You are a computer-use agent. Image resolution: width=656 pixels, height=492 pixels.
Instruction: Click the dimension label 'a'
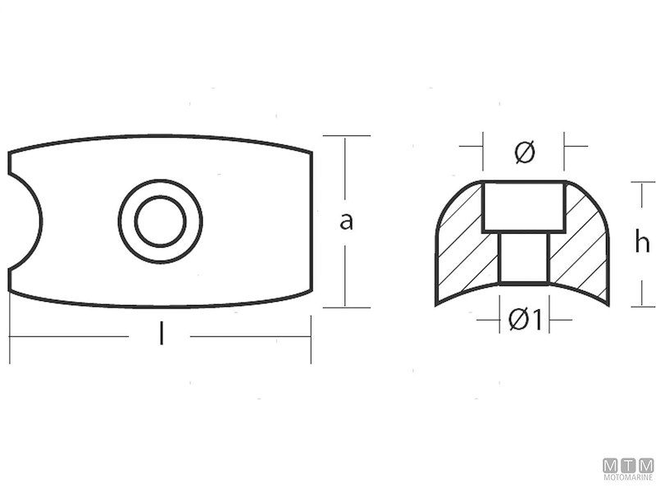click(346, 221)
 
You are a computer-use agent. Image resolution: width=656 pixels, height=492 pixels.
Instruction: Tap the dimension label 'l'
click(161, 335)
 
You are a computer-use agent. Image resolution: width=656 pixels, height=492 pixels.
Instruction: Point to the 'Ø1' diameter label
click(524, 321)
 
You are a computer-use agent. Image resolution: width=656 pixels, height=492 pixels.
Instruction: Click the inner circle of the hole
click(160, 221)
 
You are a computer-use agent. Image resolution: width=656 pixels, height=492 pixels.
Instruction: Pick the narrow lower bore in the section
click(523, 257)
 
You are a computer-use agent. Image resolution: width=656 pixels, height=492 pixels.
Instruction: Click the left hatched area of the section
click(463, 246)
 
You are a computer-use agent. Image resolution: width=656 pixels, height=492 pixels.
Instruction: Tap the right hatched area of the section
click(582, 246)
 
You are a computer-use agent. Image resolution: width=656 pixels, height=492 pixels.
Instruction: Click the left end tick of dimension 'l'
click(9, 336)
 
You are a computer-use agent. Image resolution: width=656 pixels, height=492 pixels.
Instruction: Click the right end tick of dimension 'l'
click(311, 336)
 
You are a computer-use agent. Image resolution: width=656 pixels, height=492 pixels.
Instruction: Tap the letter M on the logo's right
click(647, 464)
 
